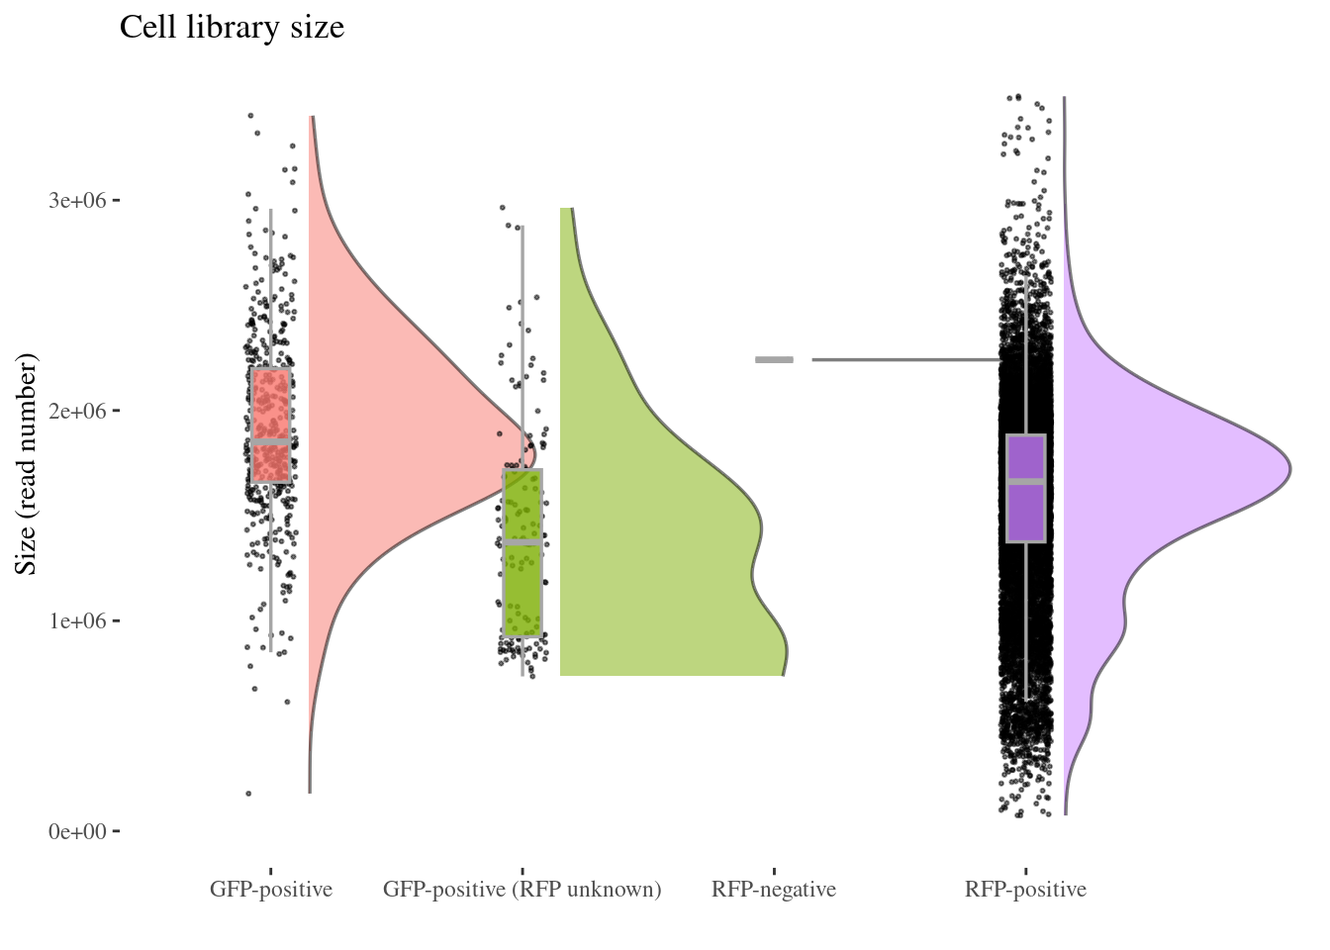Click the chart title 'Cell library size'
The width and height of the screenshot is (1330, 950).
tap(232, 27)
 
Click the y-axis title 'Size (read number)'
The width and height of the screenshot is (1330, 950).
tap(27, 463)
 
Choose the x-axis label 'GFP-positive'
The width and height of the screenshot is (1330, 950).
tap(270, 890)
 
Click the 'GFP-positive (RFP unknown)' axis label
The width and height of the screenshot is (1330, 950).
tap(522, 890)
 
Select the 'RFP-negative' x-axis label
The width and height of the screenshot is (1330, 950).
tap(773, 890)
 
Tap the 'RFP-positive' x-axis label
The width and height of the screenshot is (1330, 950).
tap(1025, 890)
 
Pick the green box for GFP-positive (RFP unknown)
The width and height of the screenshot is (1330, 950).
tap(522, 584)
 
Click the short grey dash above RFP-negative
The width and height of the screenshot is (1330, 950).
tap(774, 360)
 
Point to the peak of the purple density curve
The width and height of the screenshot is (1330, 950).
tap(1289, 469)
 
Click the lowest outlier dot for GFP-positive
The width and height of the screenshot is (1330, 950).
tap(248, 794)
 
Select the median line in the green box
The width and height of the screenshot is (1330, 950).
tap(522, 542)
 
